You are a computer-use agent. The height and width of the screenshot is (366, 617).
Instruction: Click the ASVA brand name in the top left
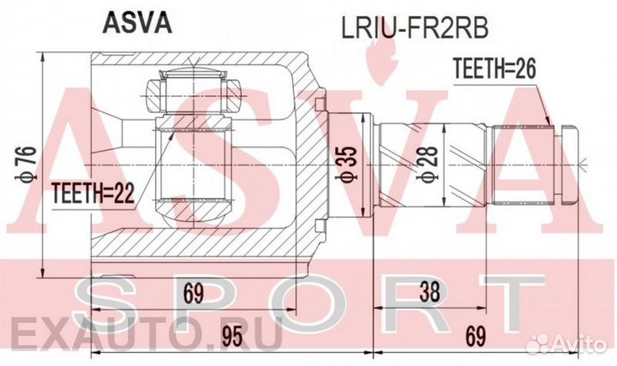point(138,23)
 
